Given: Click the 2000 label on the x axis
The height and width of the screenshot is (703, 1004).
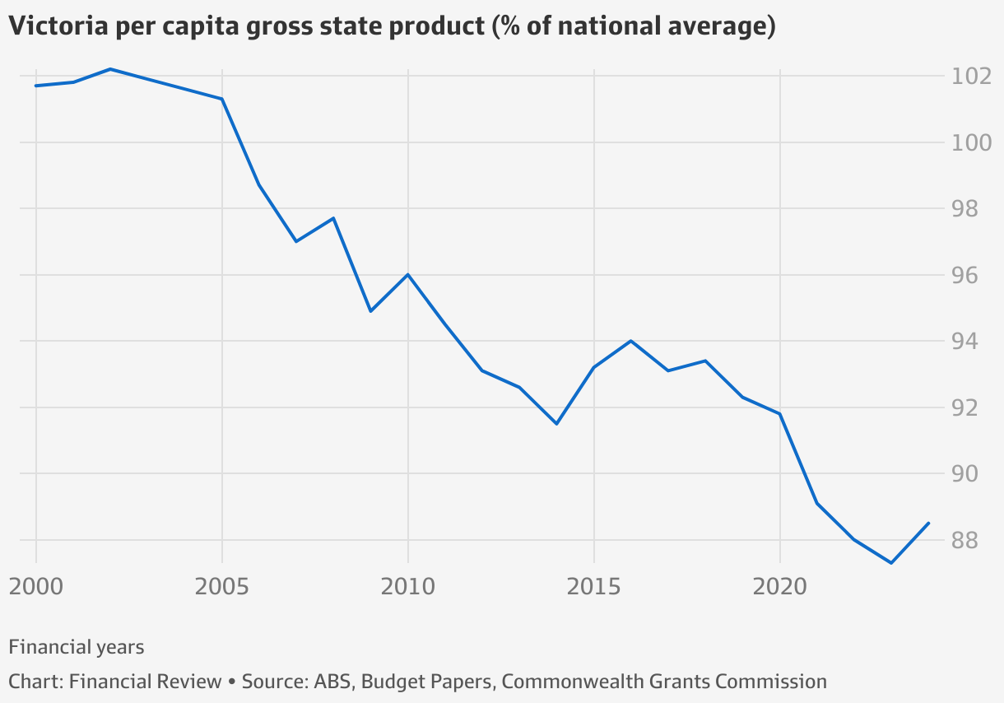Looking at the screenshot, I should pyautogui.click(x=36, y=587).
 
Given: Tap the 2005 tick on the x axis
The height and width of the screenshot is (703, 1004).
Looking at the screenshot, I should pyautogui.click(x=222, y=587).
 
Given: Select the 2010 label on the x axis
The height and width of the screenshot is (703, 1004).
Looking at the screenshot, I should pyautogui.click(x=407, y=587).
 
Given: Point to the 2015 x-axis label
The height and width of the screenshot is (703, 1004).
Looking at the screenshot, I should pyautogui.click(x=593, y=587).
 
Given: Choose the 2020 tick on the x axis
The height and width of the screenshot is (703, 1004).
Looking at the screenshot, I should pyautogui.click(x=779, y=587).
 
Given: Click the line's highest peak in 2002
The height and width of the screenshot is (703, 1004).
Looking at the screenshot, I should pyautogui.click(x=110, y=69).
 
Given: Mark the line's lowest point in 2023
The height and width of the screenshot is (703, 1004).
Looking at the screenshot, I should pyautogui.click(x=891, y=563).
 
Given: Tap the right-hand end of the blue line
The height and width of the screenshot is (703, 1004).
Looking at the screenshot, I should pyautogui.click(x=928, y=523).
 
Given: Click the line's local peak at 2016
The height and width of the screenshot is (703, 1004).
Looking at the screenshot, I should pyautogui.click(x=630, y=341).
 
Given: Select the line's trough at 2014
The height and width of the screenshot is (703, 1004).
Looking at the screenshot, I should pyautogui.click(x=556, y=424).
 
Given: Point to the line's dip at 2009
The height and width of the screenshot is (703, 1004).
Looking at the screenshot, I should pyautogui.click(x=370, y=311).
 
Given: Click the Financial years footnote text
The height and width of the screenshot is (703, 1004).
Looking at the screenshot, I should pyautogui.click(x=77, y=647).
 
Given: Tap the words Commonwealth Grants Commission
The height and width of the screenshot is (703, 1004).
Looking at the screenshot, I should pyautogui.click(x=664, y=682).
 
